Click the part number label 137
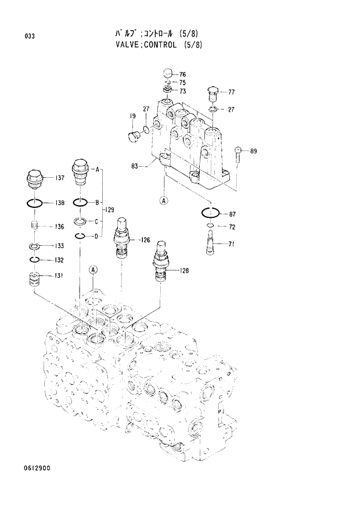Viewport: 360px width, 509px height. (59, 178)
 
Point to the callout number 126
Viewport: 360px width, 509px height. (145, 239)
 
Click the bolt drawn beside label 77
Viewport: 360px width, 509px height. (213, 93)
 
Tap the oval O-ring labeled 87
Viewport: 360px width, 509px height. (210, 213)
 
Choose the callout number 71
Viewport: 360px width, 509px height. (231, 244)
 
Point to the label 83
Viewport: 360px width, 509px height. (135, 167)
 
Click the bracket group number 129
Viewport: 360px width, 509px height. (109, 209)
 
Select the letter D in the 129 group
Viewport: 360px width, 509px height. (97, 235)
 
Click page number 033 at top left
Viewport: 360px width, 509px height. (30, 37)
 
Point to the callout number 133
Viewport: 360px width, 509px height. (59, 246)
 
